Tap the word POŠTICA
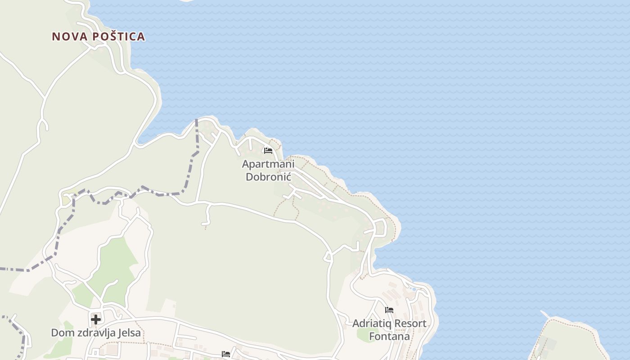[x=119, y=36]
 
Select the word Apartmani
[x=268, y=164]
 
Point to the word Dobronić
[x=268, y=176]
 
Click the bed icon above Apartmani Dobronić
[x=268, y=150]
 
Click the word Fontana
[x=389, y=336]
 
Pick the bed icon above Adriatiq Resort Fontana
[x=389, y=310]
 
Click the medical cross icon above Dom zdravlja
[x=95, y=319]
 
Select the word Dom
[x=61, y=333]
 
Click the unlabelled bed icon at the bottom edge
[x=226, y=354]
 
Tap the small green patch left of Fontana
[x=363, y=334]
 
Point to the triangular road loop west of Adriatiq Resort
[x=328, y=257]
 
